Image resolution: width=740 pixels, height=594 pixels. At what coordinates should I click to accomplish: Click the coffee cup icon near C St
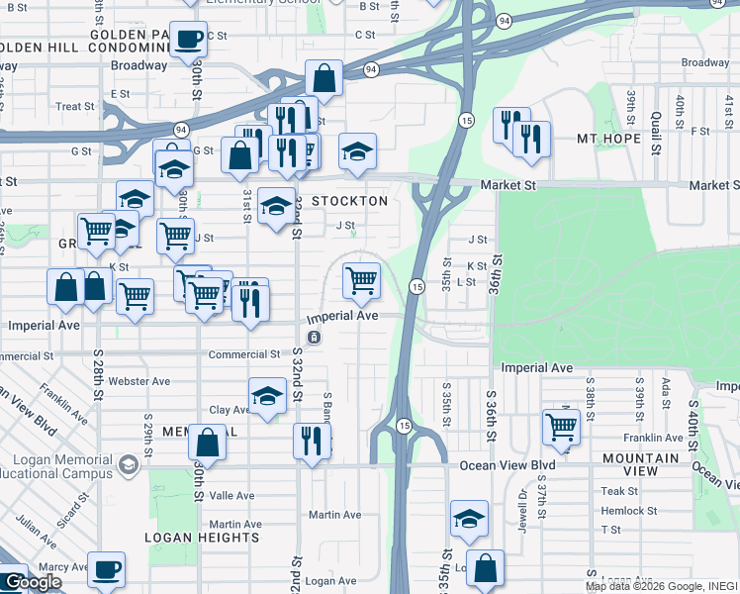tap(188, 40)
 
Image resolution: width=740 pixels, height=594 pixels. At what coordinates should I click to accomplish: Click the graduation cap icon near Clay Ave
tap(266, 397)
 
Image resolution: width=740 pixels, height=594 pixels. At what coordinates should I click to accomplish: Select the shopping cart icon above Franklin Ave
tap(561, 428)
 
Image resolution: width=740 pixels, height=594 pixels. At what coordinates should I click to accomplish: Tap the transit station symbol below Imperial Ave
tap(314, 338)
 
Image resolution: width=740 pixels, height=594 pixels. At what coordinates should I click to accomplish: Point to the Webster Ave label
tap(139, 380)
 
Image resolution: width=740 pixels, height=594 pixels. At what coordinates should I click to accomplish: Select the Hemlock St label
tap(628, 511)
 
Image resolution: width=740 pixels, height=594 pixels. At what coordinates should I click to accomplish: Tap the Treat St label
tap(75, 107)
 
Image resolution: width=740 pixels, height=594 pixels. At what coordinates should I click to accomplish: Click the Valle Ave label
tap(231, 496)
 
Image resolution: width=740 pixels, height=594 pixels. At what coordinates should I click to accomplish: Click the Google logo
tap(32, 583)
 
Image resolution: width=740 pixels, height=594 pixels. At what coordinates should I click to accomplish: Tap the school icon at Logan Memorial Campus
tap(127, 464)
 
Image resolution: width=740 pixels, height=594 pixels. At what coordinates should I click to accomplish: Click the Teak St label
tap(619, 491)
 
